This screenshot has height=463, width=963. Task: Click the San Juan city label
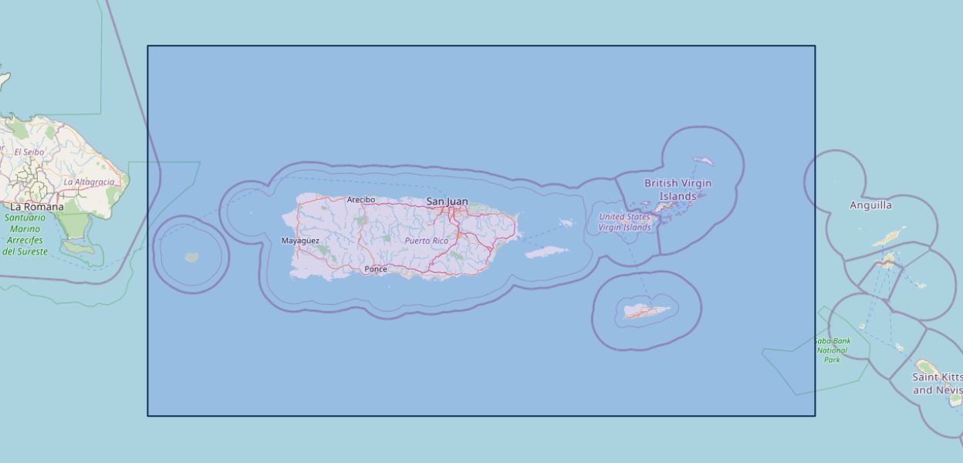point(447,201)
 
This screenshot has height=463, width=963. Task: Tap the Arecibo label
point(360,200)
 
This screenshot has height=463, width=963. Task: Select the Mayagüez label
point(300,241)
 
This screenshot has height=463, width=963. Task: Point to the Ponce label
point(376,269)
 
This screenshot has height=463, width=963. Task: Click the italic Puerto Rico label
point(426,241)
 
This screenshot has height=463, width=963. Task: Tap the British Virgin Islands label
point(677,190)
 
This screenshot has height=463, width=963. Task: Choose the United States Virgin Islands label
point(624,222)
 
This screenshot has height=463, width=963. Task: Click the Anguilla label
point(870,205)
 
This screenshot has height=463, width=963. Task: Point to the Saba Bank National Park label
point(831,350)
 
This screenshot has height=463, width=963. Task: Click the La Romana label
point(36,207)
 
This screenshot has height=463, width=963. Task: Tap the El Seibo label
point(29,152)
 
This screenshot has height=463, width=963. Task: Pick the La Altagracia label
point(89,182)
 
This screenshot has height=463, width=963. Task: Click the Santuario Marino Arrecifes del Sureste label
point(25,235)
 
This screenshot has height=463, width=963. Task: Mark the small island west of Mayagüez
point(191,257)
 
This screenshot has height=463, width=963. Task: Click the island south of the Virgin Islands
point(647,311)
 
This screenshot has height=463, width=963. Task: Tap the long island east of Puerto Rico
point(548,252)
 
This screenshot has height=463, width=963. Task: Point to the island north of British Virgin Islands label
point(702,161)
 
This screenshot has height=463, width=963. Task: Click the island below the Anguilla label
point(889,238)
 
